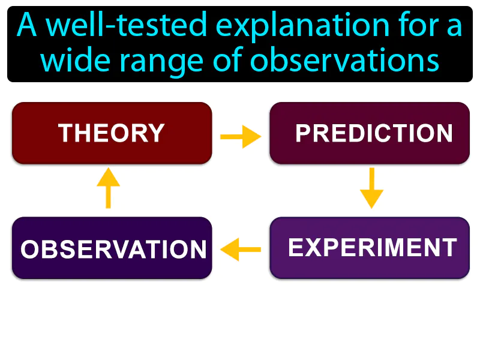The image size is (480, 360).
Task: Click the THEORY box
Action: click(x=112, y=133)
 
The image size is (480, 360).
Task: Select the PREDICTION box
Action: click(x=370, y=133)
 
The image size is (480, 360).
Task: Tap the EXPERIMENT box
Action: click(x=370, y=248)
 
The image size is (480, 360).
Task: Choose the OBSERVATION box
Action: click(x=112, y=248)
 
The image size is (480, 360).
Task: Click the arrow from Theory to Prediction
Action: click(x=241, y=137)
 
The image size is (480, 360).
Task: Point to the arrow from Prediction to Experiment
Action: click(x=371, y=188)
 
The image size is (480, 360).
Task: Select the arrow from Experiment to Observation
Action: click(x=241, y=248)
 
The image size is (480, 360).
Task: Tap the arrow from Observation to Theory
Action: click(x=108, y=188)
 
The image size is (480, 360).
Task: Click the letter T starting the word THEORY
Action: click(x=65, y=133)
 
